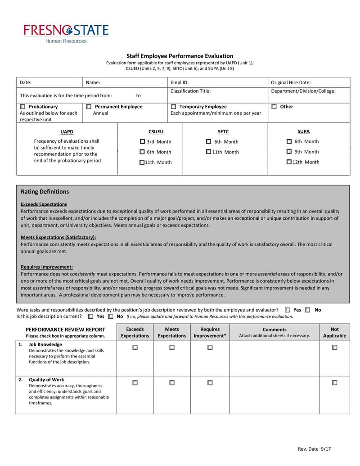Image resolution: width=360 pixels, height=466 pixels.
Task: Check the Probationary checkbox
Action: pyautogui.click(x=22, y=107)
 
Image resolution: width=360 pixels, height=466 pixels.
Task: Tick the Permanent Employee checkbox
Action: pyautogui.click(x=89, y=107)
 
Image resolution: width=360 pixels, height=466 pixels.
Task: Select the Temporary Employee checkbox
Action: pyautogui.click(x=173, y=107)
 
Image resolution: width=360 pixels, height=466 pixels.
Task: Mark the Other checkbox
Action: pyautogui.click(x=274, y=107)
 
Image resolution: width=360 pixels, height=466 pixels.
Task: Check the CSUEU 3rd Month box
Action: pyautogui.click(x=142, y=142)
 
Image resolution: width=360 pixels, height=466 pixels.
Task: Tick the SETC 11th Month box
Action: pyautogui.click(x=208, y=152)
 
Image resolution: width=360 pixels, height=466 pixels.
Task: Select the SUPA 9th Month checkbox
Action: pyautogui.click(x=289, y=152)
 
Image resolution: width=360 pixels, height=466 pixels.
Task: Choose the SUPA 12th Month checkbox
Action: pyautogui.click(x=289, y=162)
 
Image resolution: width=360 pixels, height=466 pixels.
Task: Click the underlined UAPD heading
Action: pyautogui.click(x=67, y=132)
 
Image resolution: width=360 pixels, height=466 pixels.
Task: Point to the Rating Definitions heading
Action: pyautogui.click(x=45, y=192)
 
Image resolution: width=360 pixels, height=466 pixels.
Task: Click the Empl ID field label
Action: pyautogui.click(x=180, y=83)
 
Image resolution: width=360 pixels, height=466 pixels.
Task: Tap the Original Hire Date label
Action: pyautogui.click(x=291, y=83)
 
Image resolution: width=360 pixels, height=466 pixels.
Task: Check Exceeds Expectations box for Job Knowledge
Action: pyautogui.click(x=135, y=348)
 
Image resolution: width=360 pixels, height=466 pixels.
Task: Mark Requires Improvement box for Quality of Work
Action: pyautogui.click(x=210, y=383)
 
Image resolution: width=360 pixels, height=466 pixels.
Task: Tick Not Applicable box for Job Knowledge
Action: pyautogui.click(x=334, y=348)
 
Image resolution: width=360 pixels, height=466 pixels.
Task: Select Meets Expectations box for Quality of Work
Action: pyautogui.click(x=172, y=383)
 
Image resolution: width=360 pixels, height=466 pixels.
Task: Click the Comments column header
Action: pyautogui.click(x=274, y=330)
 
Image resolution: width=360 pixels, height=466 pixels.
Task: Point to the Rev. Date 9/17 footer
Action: pyautogui.click(x=317, y=449)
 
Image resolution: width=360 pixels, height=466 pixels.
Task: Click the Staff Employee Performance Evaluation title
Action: pyautogui.click(x=180, y=56)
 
